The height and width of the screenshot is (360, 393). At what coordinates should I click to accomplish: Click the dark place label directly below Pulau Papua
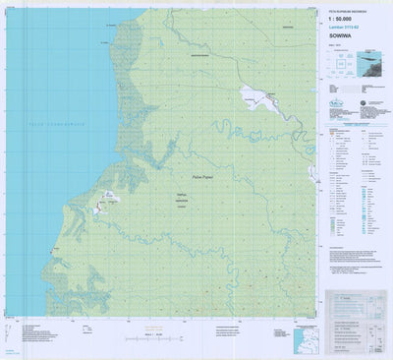(x=180, y=198)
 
